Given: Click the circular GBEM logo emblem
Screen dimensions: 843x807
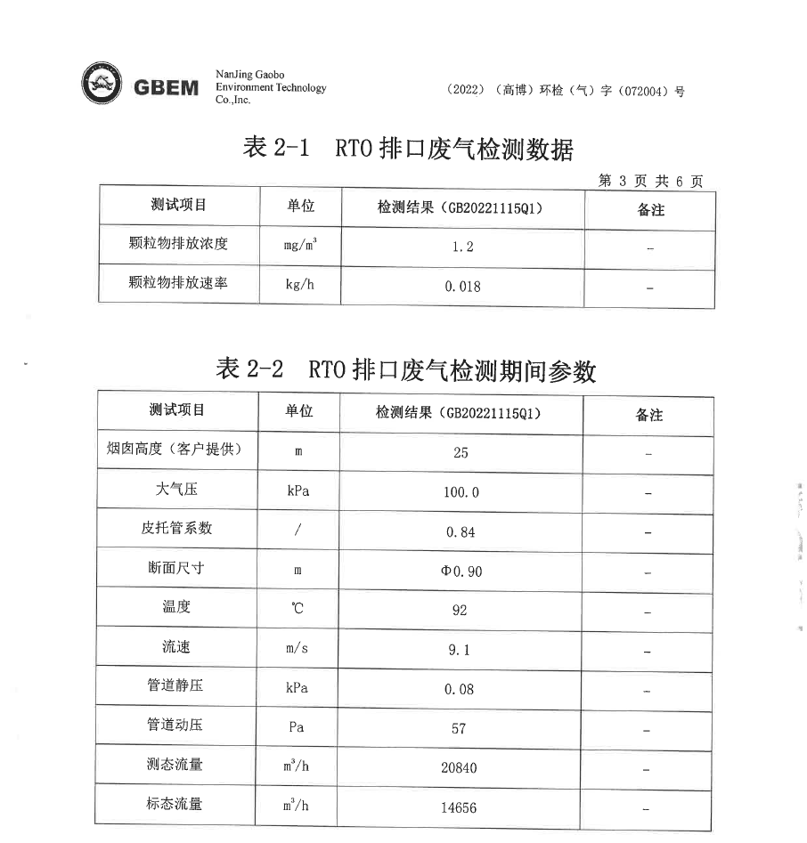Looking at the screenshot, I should pyautogui.click(x=102, y=85).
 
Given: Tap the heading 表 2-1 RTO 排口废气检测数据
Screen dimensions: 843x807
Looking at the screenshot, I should pyautogui.click(x=408, y=149).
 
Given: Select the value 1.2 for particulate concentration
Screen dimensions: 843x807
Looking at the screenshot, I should pyautogui.click(x=462, y=247).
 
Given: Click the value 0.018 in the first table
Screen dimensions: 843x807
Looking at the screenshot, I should pyautogui.click(x=462, y=287).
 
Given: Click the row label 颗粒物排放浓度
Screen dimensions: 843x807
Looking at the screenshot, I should pyautogui.click(x=178, y=243).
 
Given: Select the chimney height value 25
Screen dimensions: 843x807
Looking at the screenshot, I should pyautogui.click(x=461, y=452).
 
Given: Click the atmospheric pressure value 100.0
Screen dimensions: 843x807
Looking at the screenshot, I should pyautogui.click(x=461, y=492).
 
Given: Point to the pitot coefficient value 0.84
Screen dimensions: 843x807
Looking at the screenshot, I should pyautogui.click(x=461, y=531).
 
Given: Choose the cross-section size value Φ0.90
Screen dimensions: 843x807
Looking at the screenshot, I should pyautogui.click(x=461, y=571).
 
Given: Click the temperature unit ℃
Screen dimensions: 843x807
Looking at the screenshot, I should pyautogui.click(x=298, y=610).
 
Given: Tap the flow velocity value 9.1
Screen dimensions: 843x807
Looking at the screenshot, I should pyautogui.click(x=460, y=650).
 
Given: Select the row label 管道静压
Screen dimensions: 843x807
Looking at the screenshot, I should pyautogui.click(x=175, y=685).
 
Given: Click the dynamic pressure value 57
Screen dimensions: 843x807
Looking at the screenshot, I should pyautogui.click(x=460, y=728).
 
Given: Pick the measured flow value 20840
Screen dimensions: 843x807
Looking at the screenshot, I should pyautogui.click(x=460, y=767).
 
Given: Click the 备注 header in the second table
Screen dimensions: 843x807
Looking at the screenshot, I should pyautogui.click(x=648, y=415).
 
